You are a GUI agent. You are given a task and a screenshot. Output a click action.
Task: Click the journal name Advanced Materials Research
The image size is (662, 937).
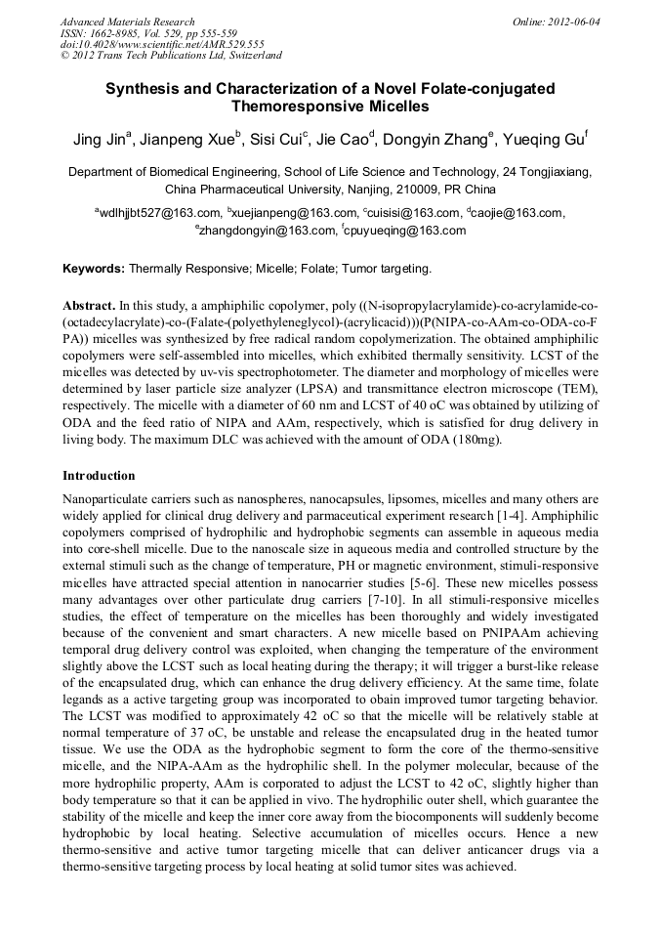click(x=127, y=21)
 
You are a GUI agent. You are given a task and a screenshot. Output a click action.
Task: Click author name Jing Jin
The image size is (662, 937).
click(x=101, y=140)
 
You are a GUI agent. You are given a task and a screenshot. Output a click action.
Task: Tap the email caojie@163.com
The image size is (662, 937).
click(x=518, y=213)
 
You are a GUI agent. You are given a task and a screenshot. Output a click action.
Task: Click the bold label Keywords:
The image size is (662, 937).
click(x=94, y=268)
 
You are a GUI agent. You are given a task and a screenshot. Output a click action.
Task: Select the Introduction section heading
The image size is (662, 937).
click(x=99, y=476)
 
